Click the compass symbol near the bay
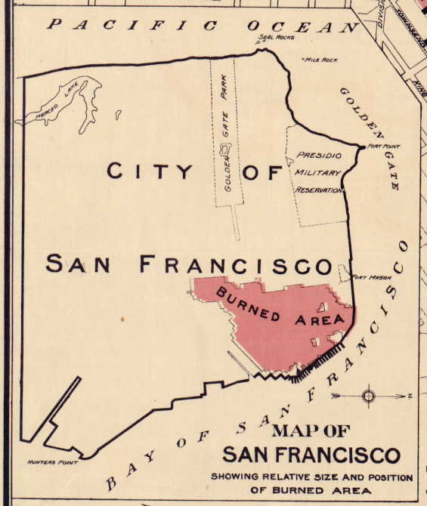(369, 395)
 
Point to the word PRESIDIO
(318, 156)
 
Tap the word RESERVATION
(320, 190)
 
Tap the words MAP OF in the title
(311, 432)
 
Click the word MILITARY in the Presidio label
(318, 173)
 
